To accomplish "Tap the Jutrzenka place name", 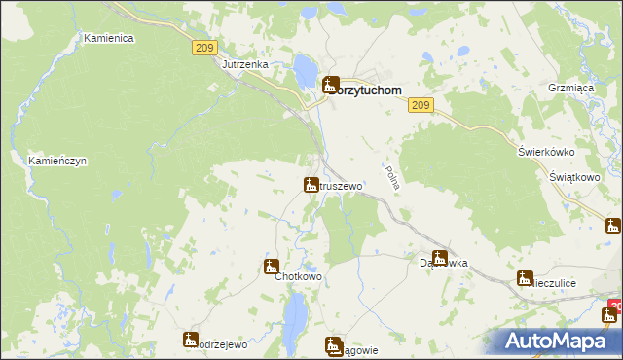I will coord(244,64).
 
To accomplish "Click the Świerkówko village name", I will coord(546,152).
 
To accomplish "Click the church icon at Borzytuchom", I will coord(330,85).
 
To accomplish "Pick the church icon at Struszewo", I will coord(311,184).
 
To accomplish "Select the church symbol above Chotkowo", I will coord(271,266).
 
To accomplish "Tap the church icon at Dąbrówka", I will coord(439,258).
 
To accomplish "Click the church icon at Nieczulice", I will coord(525,278).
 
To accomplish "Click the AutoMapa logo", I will coord(560,341).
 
